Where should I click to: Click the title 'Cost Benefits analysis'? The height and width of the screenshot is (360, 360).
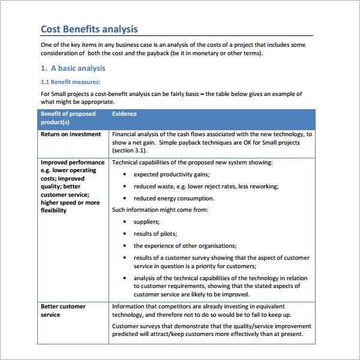[89, 29]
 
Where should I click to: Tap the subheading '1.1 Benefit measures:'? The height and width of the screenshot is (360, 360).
[70, 82]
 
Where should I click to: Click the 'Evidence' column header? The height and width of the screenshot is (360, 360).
[124, 114]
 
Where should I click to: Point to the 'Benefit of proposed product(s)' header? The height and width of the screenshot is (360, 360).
[68, 118]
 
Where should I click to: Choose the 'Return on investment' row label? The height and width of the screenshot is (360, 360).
[71, 134]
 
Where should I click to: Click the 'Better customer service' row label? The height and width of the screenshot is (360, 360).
[63, 310]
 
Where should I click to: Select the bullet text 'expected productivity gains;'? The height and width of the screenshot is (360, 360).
[171, 174]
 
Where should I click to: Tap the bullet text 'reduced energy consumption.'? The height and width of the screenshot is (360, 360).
[173, 198]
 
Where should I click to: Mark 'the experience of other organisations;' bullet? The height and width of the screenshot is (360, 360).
[185, 245]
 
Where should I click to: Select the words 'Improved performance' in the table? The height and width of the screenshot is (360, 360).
[72, 162]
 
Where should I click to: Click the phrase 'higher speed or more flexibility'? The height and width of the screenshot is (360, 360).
[70, 206]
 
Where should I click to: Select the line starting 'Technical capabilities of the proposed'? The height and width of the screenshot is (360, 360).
[192, 162]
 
